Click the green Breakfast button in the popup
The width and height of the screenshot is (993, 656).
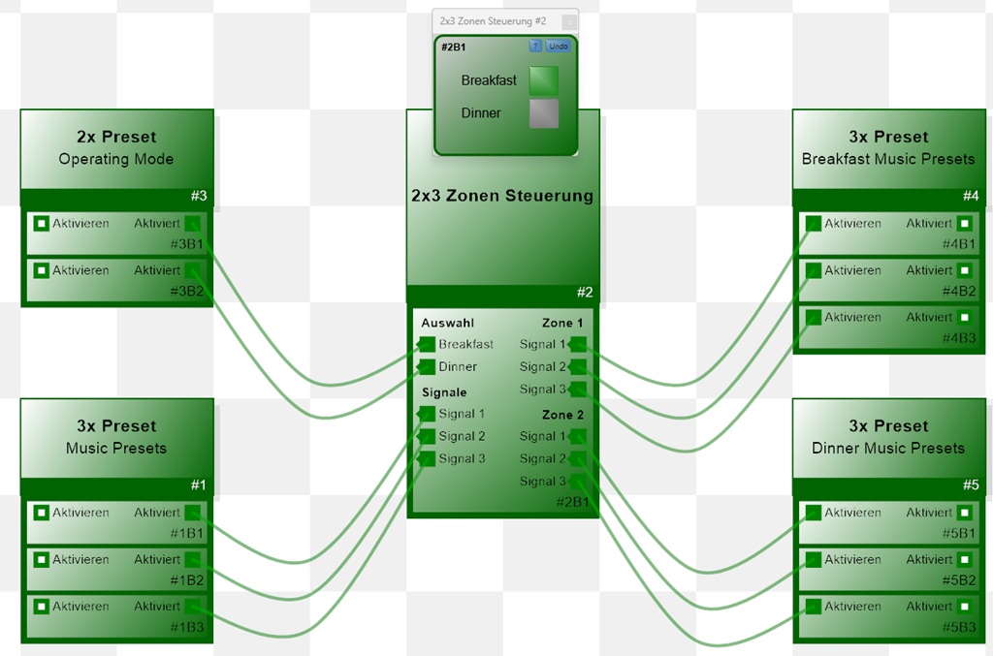point(543,80)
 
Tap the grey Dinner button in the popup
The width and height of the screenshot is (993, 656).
point(543,113)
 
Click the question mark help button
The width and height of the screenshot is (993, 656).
point(535,46)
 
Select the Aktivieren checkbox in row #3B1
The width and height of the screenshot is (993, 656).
point(41,224)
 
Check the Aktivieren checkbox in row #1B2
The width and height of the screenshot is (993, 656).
point(41,559)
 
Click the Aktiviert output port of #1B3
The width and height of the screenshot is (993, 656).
point(192,607)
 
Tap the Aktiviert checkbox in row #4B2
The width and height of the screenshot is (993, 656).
point(964,270)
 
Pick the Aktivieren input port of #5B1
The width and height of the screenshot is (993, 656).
point(813,513)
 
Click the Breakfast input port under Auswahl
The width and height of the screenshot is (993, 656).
point(427,344)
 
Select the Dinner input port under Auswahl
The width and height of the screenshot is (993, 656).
point(427,366)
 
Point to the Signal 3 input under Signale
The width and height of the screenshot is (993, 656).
point(427,459)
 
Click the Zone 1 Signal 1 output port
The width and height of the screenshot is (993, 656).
point(578,344)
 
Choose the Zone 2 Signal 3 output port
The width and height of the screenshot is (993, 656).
point(578,482)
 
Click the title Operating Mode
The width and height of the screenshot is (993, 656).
point(116,159)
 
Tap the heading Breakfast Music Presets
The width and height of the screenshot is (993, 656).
point(888,159)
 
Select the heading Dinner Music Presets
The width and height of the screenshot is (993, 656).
point(888,448)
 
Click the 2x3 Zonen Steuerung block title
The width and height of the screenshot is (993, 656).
point(502,196)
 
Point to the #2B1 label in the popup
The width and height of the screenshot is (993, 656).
point(454,47)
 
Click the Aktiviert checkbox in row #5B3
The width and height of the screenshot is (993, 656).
point(964,607)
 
